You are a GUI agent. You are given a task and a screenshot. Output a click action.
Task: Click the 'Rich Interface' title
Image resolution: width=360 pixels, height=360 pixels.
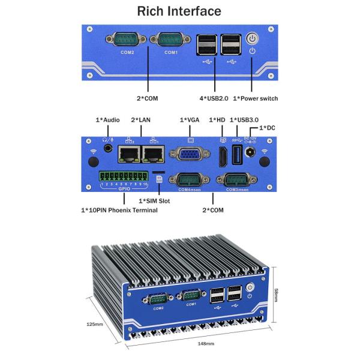(179, 11)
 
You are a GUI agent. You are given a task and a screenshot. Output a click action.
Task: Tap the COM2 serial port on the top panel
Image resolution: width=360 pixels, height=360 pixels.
(128, 41)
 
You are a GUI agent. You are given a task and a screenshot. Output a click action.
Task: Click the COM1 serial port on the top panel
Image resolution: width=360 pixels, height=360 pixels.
(171, 41)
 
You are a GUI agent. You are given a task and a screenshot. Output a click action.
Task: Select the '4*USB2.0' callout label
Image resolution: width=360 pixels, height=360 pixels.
(214, 98)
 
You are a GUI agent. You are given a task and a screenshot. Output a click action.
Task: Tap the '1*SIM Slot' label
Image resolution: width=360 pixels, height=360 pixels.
(154, 201)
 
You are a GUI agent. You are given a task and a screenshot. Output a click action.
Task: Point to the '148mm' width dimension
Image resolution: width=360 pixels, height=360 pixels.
(206, 344)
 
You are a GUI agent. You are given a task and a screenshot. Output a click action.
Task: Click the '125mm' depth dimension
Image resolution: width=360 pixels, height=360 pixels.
(95, 324)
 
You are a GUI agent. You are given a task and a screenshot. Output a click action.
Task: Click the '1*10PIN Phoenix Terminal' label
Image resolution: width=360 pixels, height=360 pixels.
(119, 211)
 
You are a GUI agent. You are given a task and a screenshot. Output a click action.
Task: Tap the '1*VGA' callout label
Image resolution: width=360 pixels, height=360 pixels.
(190, 120)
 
